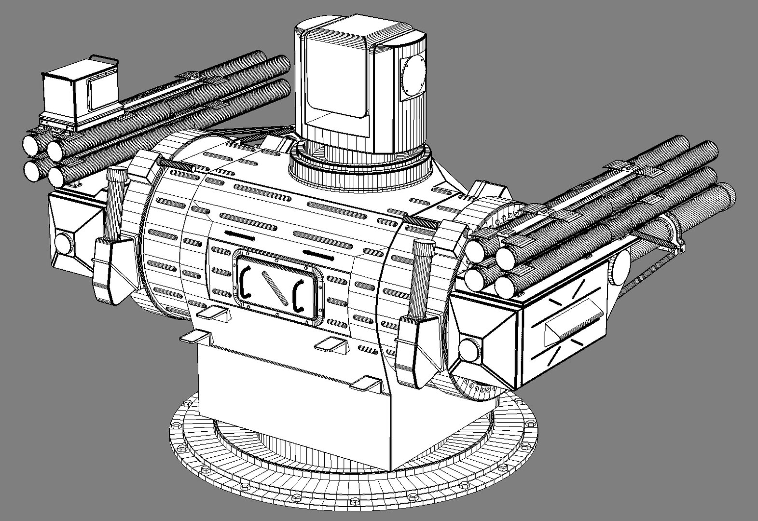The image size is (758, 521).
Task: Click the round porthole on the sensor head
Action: click(413, 75)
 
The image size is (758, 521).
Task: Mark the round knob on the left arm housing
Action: click(62, 241)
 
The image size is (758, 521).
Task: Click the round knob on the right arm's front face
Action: click(468, 350)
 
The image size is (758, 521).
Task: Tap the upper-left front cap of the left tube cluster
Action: click(32, 144)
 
